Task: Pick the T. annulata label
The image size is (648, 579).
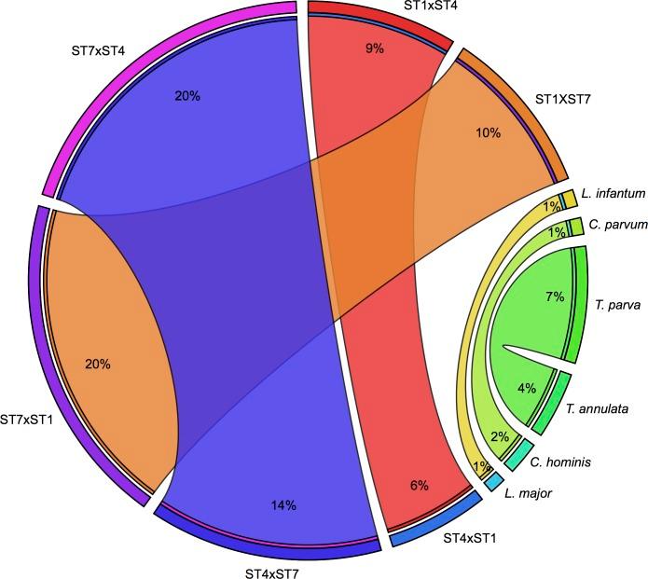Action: pos(599,408)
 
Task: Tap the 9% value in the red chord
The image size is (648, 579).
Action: pos(375,48)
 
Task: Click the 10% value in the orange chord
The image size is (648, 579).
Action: pos(488,133)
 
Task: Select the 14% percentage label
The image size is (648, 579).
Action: pos(284,504)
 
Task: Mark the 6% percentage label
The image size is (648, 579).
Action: pos(419,485)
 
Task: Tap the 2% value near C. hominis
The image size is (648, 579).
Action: pos(500,436)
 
